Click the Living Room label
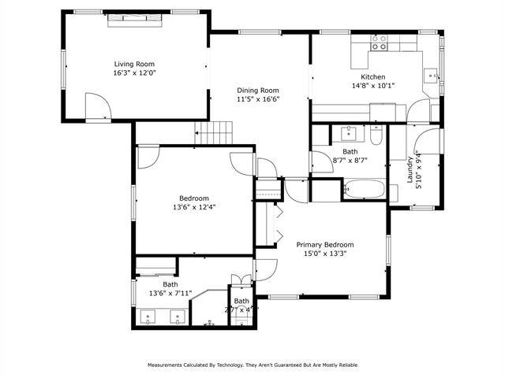point(134,64)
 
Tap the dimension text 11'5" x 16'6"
point(258,100)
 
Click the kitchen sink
point(431,76)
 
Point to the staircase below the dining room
point(215,133)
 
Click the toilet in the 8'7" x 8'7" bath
point(376,138)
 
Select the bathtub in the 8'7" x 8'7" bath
point(365,190)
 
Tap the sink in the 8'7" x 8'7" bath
point(347,132)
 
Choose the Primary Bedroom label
point(325,244)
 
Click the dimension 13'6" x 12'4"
point(194,207)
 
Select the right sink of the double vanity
point(178,317)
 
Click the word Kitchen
point(372,77)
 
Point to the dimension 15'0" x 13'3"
point(325,254)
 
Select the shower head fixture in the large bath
point(209,322)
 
